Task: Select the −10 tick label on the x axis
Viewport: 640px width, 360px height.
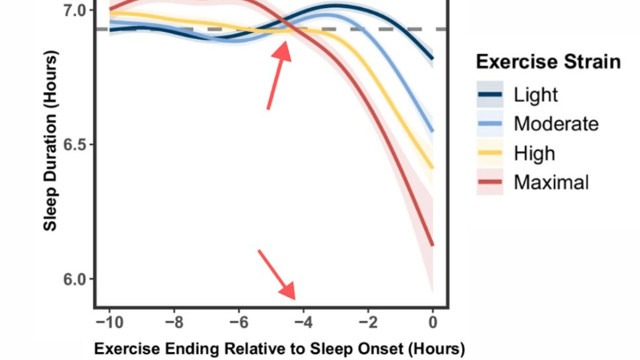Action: [x=109, y=322]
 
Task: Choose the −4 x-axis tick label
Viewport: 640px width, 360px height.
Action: [x=303, y=322]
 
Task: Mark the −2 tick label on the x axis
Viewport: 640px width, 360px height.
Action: [x=368, y=322]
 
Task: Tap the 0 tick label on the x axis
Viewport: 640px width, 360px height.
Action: [x=433, y=322]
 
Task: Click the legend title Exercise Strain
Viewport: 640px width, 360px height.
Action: [x=548, y=62]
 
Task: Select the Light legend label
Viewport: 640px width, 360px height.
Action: [x=535, y=94]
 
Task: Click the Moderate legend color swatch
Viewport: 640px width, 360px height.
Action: [x=490, y=123]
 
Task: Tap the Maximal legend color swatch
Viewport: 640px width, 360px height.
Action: [x=490, y=182]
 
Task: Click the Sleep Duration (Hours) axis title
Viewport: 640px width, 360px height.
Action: [x=50, y=140]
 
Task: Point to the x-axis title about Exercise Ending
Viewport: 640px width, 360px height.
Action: [x=279, y=348]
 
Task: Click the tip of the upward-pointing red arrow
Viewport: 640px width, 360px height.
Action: [x=286, y=43]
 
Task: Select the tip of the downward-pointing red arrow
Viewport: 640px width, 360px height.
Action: [x=294, y=298]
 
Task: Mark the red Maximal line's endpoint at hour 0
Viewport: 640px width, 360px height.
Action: [x=432, y=245]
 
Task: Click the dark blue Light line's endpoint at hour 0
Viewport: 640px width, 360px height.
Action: [x=432, y=58]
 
